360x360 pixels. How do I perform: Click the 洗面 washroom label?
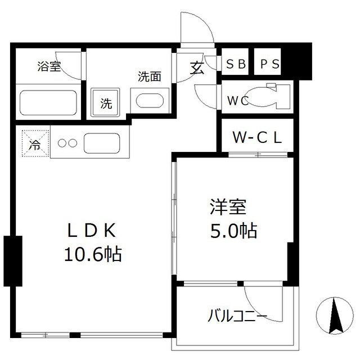pyautogui.click(x=150, y=77)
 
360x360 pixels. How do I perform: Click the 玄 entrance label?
pyautogui.click(x=196, y=68)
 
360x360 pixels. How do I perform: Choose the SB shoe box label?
pyautogui.click(x=236, y=64)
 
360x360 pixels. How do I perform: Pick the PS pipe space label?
pyautogui.click(x=269, y=64)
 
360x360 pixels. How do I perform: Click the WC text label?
pyautogui.click(x=238, y=101)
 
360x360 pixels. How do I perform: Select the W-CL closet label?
pyautogui.click(x=256, y=137)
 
